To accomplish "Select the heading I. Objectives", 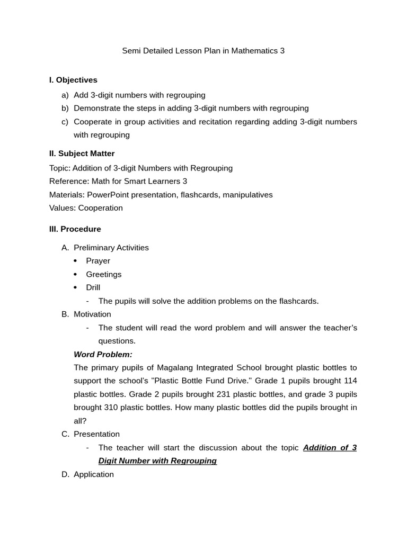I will (x=73, y=80).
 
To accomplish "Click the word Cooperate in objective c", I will (x=93, y=121).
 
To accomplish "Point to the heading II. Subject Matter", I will (x=82, y=153).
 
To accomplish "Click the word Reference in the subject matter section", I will (x=67, y=181).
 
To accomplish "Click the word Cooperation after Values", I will (x=100, y=208).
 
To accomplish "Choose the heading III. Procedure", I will (x=75, y=229).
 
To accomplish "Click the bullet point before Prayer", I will (x=75, y=261).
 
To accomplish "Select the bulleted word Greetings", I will (x=103, y=274).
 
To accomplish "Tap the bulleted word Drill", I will (x=93, y=287).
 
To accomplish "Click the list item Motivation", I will (x=92, y=314).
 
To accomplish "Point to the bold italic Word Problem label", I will (x=103, y=354).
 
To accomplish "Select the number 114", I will (x=350, y=381).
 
